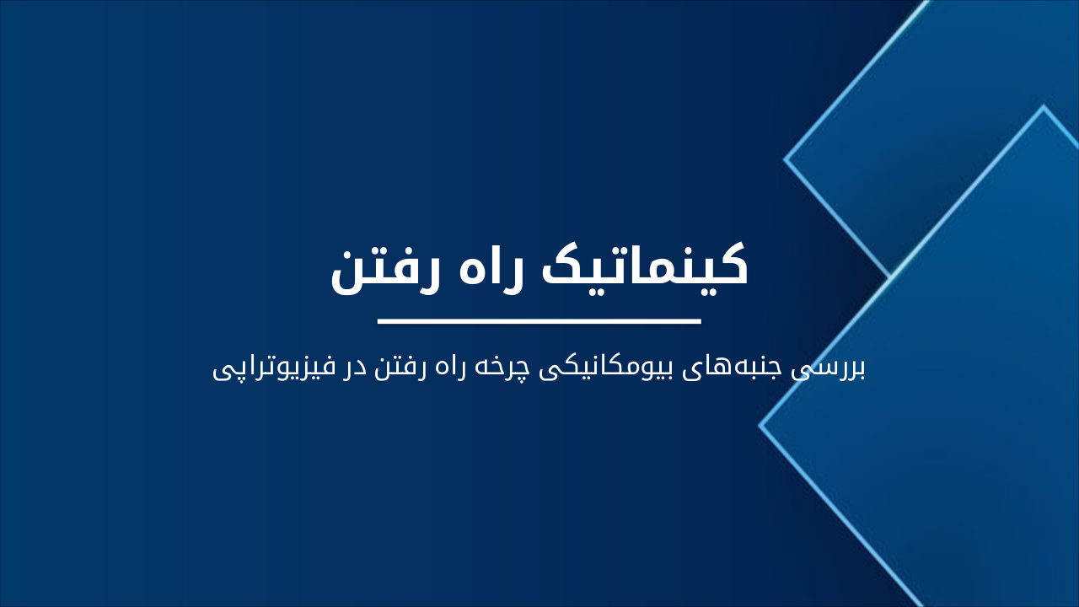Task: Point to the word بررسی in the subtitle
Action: [x=838, y=368]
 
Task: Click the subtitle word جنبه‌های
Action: [x=754, y=368]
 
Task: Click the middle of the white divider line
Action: [x=539, y=321]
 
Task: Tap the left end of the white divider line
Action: [x=379, y=321]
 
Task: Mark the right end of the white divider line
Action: [x=700, y=321]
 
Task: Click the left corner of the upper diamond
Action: [x=786, y=158]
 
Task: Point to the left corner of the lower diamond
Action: [x=760, y=426]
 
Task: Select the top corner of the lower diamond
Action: [x=1043, y=107]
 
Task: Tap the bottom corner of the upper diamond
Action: [x=890, y=276]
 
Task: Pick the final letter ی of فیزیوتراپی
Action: [x=223, y=372]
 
